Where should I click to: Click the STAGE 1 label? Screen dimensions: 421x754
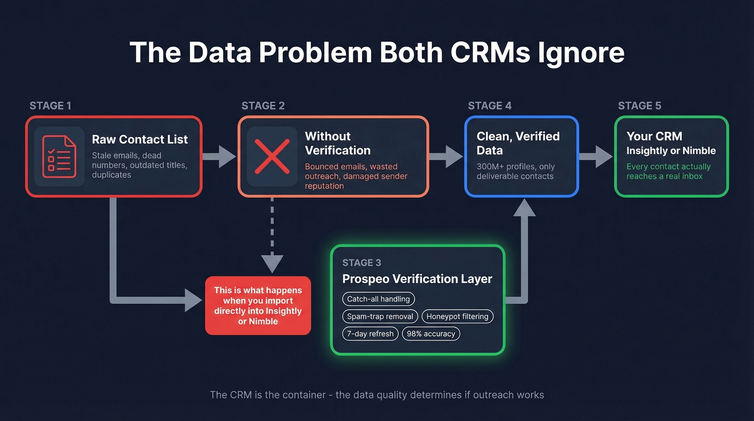[x=50, y=106]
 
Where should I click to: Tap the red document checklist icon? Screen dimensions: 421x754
[x=59, y=156]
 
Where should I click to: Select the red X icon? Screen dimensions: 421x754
[x=272, y=156]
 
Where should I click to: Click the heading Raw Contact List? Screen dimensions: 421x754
[x=139, y=139]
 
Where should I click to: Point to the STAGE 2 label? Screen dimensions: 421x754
[x=263, y=106]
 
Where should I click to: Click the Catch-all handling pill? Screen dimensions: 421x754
[x=378, y=299]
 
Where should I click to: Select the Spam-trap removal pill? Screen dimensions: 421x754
[x=380, y=316]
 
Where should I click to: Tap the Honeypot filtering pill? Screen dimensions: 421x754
[x=457, y=316]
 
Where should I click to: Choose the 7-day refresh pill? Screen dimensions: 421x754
[x=370, y=334]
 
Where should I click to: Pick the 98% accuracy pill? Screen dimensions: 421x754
[x=431, y=334]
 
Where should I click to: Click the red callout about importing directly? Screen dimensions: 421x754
[x=258, y=306]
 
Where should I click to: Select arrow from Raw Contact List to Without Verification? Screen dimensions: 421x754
[x=219, y=156]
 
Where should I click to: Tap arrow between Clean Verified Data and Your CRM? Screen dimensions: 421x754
[x=596, y=156]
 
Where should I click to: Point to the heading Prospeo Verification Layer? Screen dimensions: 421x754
[x=417, y=279]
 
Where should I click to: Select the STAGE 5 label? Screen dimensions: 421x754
[x=639, y=106]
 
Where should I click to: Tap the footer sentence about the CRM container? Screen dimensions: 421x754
[x=376, y=395]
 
